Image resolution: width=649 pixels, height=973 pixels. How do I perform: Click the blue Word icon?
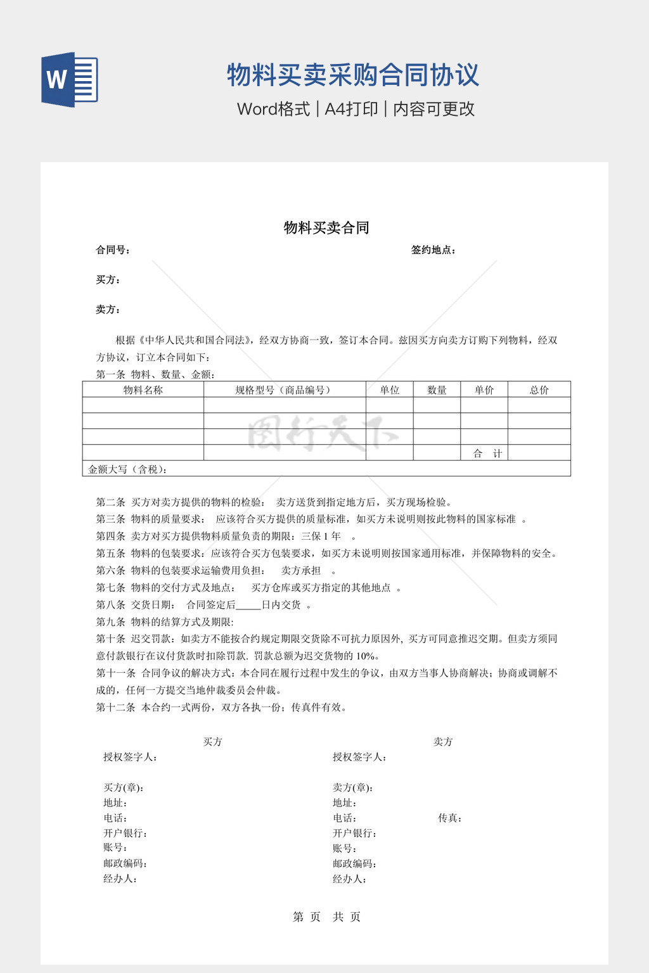coord(70,79)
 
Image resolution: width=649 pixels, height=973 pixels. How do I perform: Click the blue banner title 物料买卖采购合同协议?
coord(353,75)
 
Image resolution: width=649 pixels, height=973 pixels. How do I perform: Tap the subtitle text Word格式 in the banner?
coord(273,109)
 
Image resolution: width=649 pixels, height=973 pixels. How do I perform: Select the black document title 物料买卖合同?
coord(326,228)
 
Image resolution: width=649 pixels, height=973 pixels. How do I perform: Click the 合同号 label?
coord(113,250)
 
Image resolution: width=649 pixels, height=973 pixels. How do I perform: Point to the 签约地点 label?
coord(434,250)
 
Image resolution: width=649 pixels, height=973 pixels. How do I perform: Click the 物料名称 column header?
coord(143,390)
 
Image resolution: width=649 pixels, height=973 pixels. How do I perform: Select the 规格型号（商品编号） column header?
coord(284,390)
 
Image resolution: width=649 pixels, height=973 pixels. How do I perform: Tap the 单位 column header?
coord(390,390)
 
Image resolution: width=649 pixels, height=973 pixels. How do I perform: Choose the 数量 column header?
coord(437,390)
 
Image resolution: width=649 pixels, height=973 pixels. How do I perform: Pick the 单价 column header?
coord(484,390)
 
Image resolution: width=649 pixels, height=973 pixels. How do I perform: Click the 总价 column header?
coord(539,390)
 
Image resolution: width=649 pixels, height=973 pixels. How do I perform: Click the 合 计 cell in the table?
coord(487,454)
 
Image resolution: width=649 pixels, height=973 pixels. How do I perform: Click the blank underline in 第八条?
coord(248,606)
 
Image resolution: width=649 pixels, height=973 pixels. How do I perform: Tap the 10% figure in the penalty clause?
coord(365,656)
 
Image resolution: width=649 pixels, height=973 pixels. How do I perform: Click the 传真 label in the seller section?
coord(449,818)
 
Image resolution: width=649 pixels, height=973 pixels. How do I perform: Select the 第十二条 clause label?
coord(116,708)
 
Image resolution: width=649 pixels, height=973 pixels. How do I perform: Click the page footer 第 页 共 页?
coord(326,917)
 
